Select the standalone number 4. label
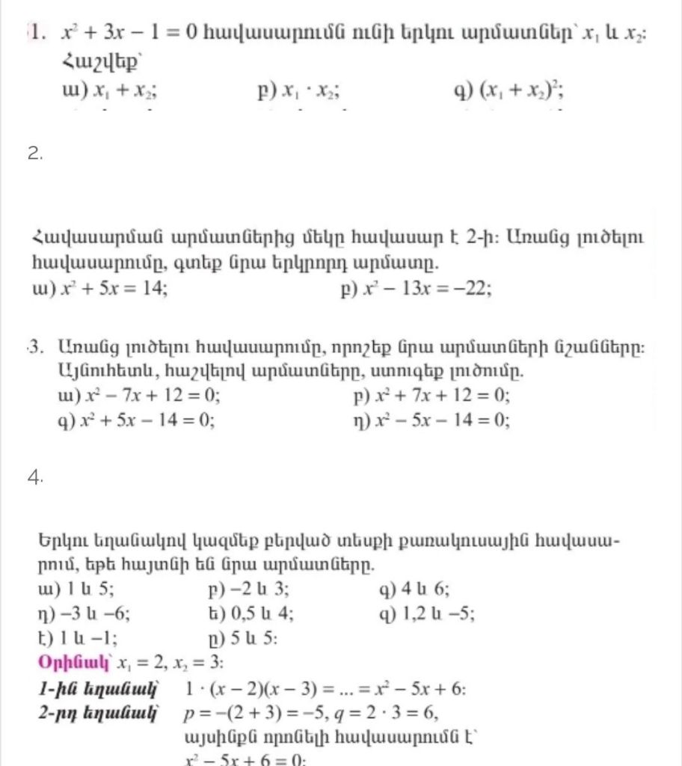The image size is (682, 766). (x=35, y=479)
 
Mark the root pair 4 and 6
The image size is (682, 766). (x=424, y=589)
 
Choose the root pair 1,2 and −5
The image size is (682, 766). (x=437, y=614)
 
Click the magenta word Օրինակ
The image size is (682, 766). (x=71, y=664)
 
